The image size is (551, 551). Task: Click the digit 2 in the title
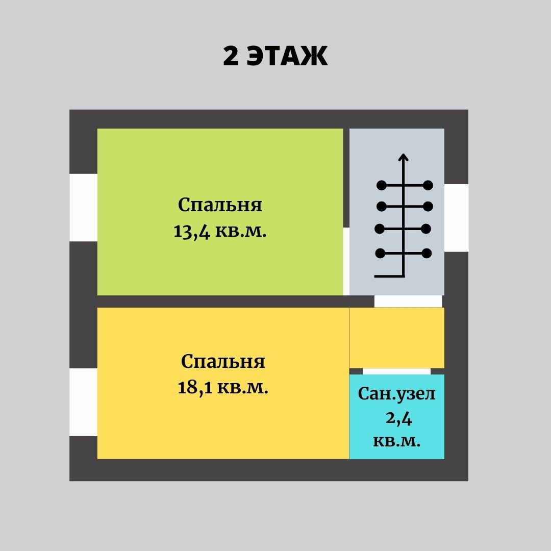click(231, 57)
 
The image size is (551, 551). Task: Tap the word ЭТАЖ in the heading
click(287, 57)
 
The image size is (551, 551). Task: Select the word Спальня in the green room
click(220, 205)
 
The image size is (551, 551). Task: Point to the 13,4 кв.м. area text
click(220, 231)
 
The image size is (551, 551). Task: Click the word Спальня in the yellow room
click(223, 362)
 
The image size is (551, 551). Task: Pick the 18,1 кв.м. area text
click(223, 388)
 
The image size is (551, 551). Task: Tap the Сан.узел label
click(397, 394)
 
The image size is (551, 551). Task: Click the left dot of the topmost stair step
click(381, 185)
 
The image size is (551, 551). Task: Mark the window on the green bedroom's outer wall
click(83, 207)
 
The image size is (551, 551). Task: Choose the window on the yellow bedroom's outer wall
click(83, 402)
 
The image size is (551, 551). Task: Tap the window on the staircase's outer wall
click(456, 218)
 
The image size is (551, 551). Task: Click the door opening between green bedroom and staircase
click(346, 261)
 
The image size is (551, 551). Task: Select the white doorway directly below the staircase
click(408, 301)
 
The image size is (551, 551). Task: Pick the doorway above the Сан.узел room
click(396, 371)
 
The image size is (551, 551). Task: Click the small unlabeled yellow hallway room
click(396, 337)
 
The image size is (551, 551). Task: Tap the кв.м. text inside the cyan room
click(397, 441)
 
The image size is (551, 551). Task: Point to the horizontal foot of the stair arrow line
click(389, 276)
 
